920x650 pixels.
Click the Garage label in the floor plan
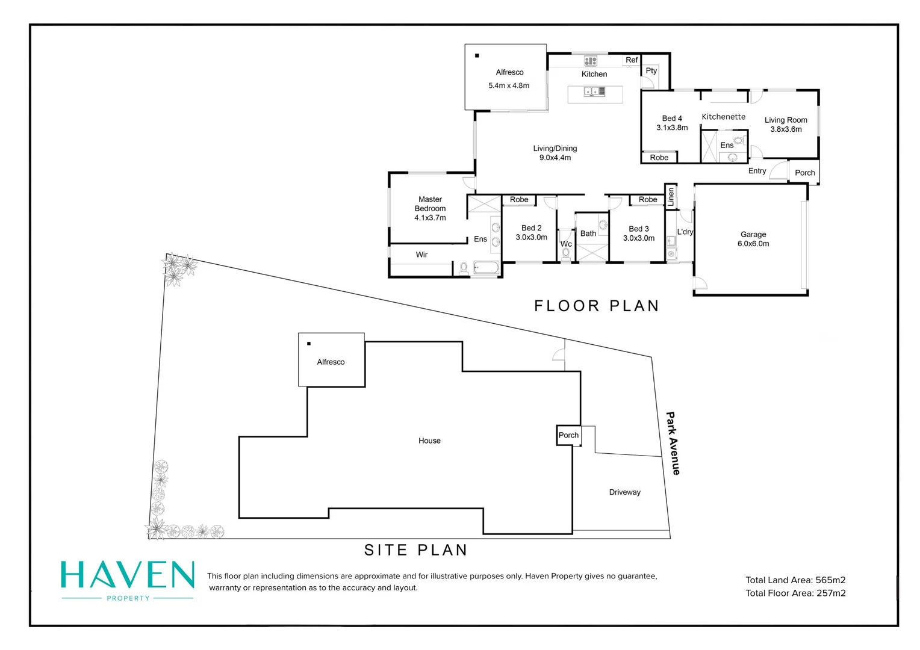[753, 234]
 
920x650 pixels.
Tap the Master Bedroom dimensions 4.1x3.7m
[430, 218]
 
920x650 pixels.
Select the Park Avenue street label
[673, 443]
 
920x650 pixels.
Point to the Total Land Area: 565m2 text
[795, 580]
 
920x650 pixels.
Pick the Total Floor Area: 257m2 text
[795, 593]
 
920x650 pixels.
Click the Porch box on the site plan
[568, 435]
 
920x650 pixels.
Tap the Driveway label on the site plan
[624, 492]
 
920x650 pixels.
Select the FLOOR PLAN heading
[596, 306]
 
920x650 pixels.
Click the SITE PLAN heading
[415, 550]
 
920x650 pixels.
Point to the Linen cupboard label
[671, 196]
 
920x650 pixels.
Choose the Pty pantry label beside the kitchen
[651, 70]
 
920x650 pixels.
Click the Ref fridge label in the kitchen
[631, 60]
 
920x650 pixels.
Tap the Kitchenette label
[723, 117]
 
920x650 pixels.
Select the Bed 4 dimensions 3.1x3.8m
[672, 128]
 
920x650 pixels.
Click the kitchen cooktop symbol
[590, 61]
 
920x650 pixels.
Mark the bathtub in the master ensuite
[486, 267]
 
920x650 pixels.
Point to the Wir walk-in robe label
[421, 255]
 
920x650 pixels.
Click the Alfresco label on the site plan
[331, 362]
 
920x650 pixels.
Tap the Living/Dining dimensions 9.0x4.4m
[555, 158]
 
